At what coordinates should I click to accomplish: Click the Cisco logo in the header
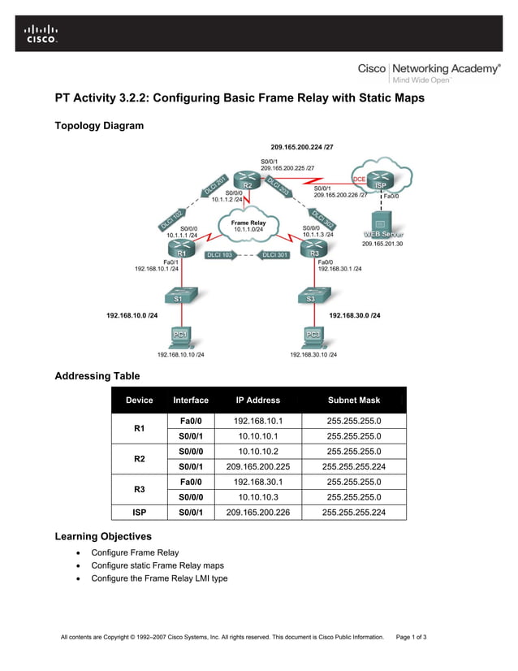click(x=41, y=32)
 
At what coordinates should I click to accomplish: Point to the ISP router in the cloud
click(x=382, y=180)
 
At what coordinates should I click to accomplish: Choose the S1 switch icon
click(x=178, y=297)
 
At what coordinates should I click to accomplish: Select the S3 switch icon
click(x=311, y=297)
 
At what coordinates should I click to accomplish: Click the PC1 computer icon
click(x=180, y=335)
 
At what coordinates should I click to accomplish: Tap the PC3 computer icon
click(x=313, y=335)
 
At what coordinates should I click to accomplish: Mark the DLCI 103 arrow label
click(x=221, y=255)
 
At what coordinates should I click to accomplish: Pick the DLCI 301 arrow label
click(x=275, y=255)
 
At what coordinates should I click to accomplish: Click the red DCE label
click(x=359, y=178)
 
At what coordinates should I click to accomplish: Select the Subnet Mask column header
click(x=353, y=400)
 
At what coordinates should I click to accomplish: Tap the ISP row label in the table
click(x=139, y=512)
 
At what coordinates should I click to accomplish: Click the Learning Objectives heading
click(x=102, y=537)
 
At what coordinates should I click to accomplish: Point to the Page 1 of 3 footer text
click(x=411, y=636)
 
